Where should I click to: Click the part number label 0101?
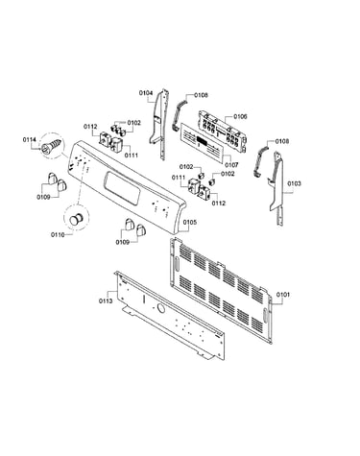click(x=283, y=294)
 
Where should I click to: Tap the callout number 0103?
click(x=294, y=183)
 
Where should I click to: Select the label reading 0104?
click(x=146, y=93)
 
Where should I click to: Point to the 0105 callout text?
click(x=190, y=222)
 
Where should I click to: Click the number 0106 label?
click(x=240, y=116)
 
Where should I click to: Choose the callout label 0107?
click(x=231, y=165)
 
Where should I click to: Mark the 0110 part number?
click(x=58, y=235)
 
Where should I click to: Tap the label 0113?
click(x=106, y=300)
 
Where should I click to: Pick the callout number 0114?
click(x=30, y=139)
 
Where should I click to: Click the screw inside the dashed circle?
click(x=51, y=145)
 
